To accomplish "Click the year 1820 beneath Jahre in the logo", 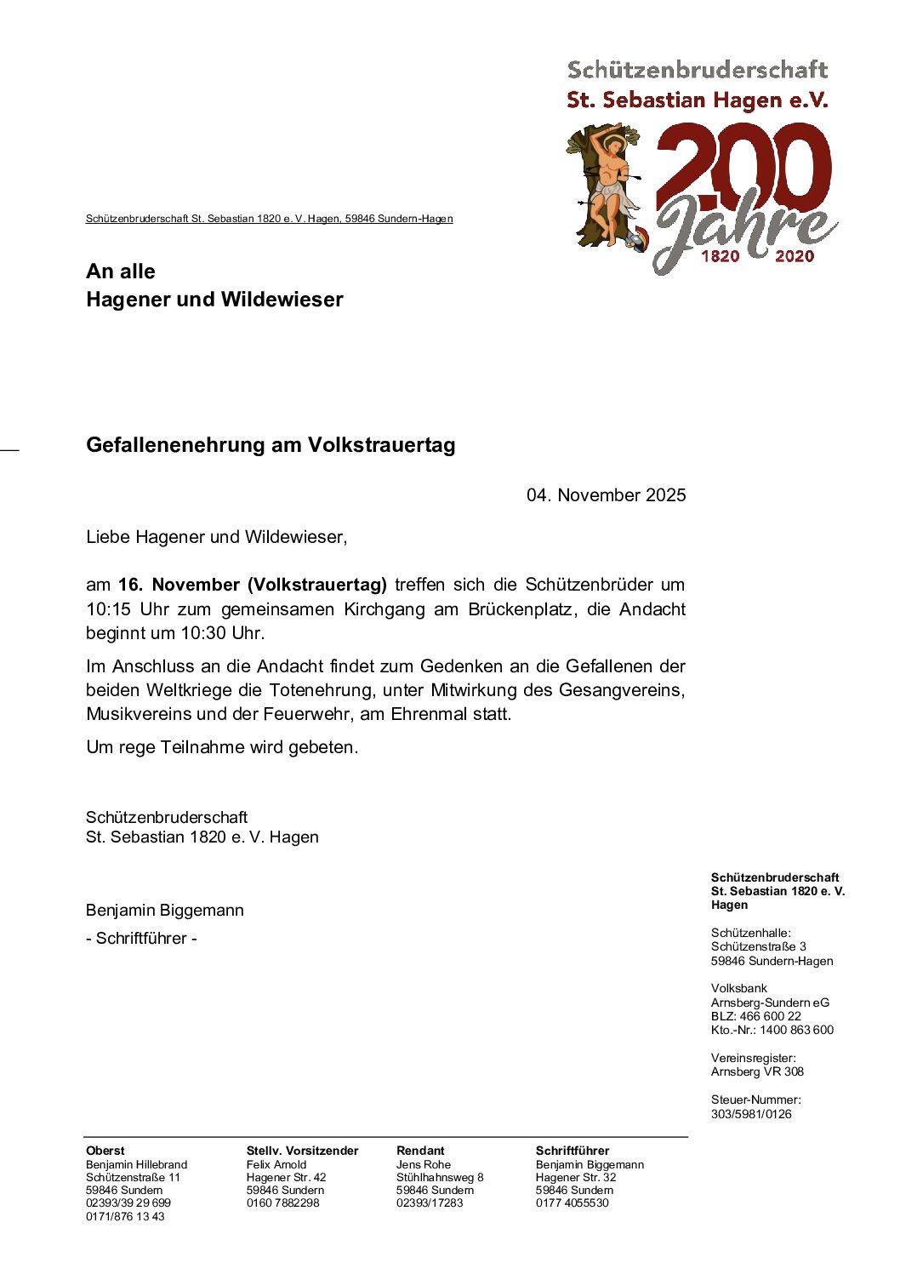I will pos(720,256).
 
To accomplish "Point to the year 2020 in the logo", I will pos(795,256).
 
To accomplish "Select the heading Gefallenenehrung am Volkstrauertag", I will pos(271,445).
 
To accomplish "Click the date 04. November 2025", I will pos(606,495).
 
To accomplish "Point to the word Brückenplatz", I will pos(520,609).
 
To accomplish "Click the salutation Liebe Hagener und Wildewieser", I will pos(216,537).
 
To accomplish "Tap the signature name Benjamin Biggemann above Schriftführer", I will pos(165,911).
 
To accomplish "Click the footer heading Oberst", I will pos(105,1151).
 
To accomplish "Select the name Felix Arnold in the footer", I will pos(276,1164).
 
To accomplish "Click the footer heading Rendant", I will pos(420,1151).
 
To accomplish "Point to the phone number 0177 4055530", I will pos(572,1203).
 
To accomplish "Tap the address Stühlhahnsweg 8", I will pos(440,1177).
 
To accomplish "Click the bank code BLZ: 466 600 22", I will pos(756,1016).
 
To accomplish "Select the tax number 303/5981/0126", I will pos(751,1114).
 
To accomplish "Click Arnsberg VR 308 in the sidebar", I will pos(757,1071).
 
